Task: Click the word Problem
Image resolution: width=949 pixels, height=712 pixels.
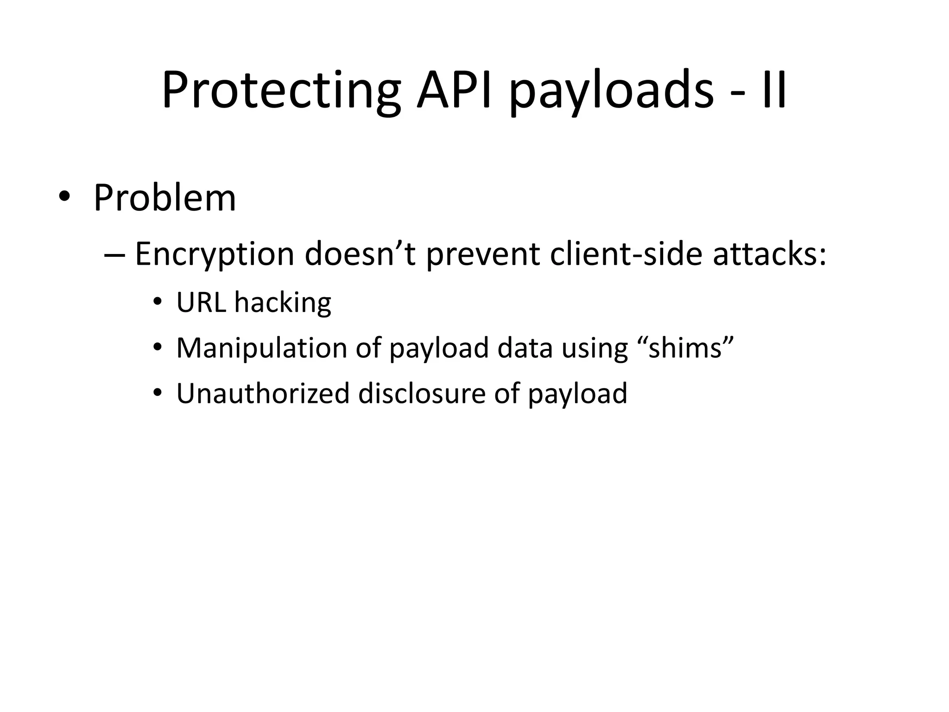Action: (164, 198)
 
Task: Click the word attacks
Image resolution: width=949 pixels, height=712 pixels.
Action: (768, 255)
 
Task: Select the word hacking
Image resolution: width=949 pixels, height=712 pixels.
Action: (283, 302)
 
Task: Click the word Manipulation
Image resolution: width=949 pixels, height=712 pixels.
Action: (261, 349)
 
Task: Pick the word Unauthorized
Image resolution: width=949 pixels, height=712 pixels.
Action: (263, 393)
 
